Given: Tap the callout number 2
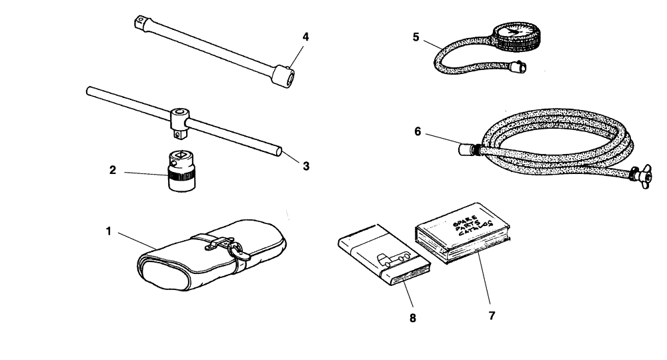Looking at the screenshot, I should pos(113,171).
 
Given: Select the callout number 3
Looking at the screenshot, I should pos(306,166).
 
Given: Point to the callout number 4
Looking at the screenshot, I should pos(305,37).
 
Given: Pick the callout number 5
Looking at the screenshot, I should pos(416,37).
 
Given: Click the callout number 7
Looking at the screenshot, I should pos(492,315).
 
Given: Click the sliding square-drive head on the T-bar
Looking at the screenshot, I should pos(179,120).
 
